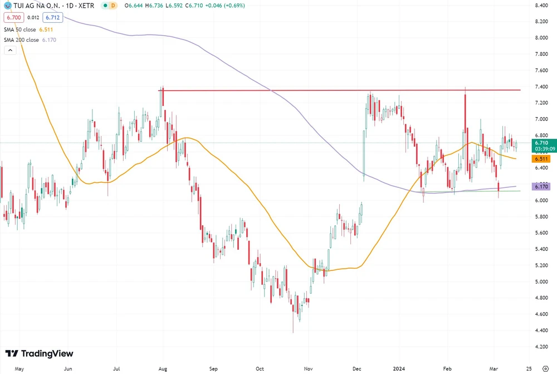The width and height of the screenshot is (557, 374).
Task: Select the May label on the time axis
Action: click(19, 369)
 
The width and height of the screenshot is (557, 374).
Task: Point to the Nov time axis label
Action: click(307, 369)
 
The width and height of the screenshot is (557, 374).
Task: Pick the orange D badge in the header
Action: click(113, 6)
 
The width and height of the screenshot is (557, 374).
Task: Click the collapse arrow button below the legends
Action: click(10, 50)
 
